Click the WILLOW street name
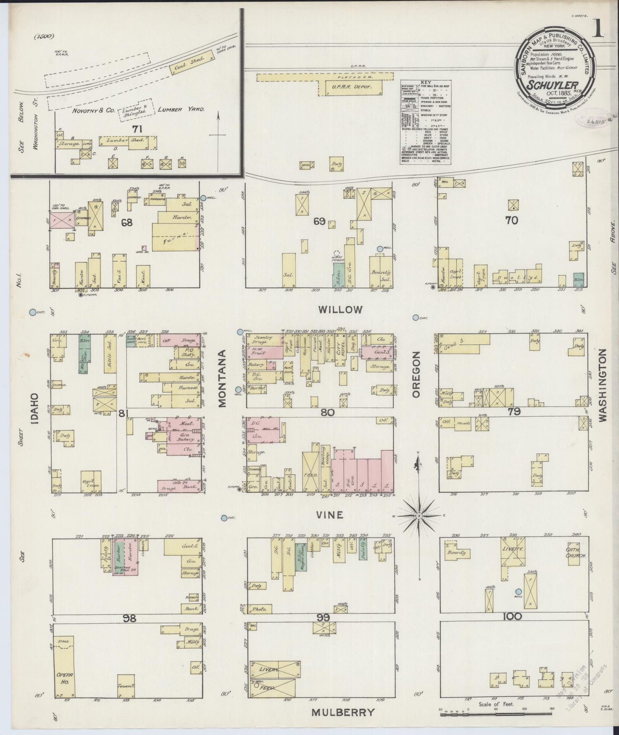[x=341, y=310]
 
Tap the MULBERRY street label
[x=342, y=712]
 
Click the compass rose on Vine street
[x=419, y=515]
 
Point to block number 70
[x=511, y=220]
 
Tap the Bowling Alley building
[x=324, y=463]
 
